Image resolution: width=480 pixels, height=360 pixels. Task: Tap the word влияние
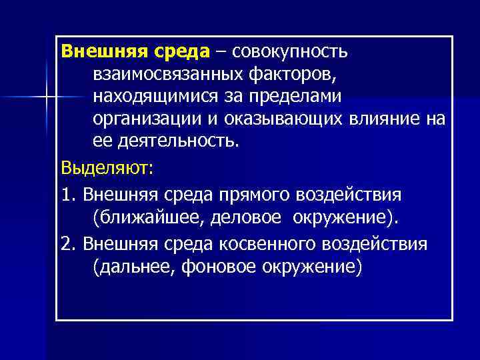click(x=395, y=119)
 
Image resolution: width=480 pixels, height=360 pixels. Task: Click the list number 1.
click(x=65, y=194)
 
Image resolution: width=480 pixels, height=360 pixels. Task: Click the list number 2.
click(x=65, y=243)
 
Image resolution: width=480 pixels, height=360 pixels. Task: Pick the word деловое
click(x=248, y=217)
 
